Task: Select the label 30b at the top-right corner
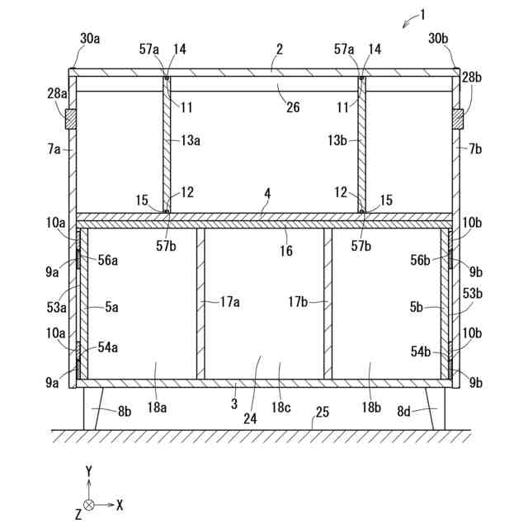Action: [x=439, y=38]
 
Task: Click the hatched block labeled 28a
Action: [x=71, y=120]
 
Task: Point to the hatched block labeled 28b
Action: [x=458, y=120]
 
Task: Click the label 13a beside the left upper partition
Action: [x=191, y=140]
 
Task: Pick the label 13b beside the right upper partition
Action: [x=337, y=140]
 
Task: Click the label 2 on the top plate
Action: [x=280, y=50]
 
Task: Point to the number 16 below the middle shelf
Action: [x=285, y=251]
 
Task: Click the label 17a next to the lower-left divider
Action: [x=229, y=302]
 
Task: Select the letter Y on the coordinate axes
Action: [x=88, y=471]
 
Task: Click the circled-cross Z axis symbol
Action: [x=88, y=503]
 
